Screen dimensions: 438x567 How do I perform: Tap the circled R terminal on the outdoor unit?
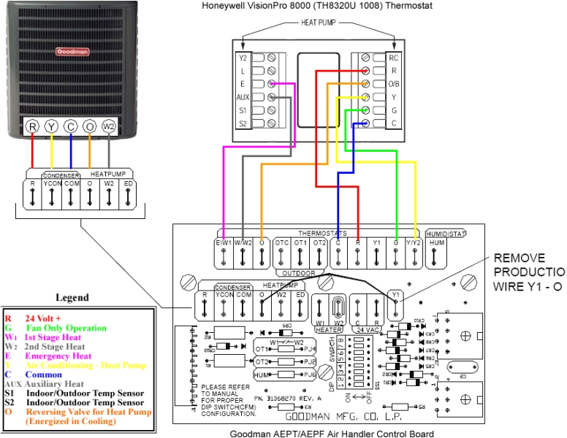pyautogui.click(x=32, y=126)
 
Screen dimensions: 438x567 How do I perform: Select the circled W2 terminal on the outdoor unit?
pyautogui.click(x=109, y=126)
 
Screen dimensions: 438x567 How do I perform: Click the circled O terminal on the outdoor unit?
pyautogui.click(x=89, y=126)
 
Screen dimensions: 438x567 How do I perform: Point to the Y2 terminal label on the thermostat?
pyautogui.click(x=243, y=57)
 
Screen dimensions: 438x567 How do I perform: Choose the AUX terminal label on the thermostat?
pyautogui.click(x=243, y=96)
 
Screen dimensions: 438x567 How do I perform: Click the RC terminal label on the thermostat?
pyautogui.click(x=394, y=57)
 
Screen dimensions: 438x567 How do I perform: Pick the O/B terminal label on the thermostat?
pyautogui.click(x=394, y=83)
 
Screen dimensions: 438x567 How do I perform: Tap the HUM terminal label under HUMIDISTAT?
pyautogui.click(x=436, y=242)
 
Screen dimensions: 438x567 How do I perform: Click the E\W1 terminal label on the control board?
pyautogui.click(x=224, y=242)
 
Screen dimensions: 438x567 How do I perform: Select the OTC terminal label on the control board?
pyautogui.click(x=282, y=242)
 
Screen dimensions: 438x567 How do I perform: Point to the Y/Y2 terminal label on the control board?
pyautogui.click(x=414, y=242)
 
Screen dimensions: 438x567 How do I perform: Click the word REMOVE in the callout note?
pyautogui.click(x=520, y=258)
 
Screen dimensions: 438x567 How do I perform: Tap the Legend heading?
pyautogui.click(x=72, y=297)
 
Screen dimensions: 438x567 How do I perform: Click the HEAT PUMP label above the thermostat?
pyautogui.click(x=319, y=23)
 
